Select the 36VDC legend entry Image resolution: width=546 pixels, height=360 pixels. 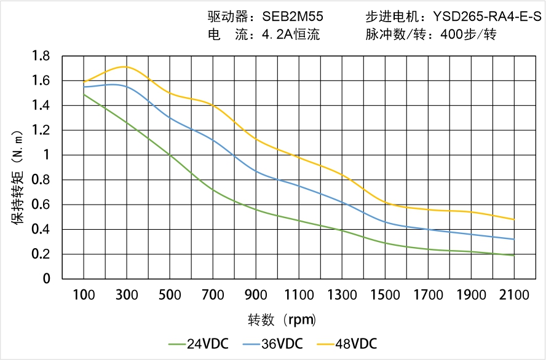[275, 343]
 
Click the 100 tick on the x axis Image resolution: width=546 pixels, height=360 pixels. [84, 295]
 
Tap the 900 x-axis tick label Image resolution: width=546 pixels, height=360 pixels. [256, 295]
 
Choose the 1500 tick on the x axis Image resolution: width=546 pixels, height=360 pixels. [385, 295]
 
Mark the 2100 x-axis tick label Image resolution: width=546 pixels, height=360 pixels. [514, 295]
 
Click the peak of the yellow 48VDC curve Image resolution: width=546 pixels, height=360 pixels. [126, 66]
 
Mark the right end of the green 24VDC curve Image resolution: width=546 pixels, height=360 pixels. [514, 256]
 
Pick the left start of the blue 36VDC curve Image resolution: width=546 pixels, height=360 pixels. [84, 87]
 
